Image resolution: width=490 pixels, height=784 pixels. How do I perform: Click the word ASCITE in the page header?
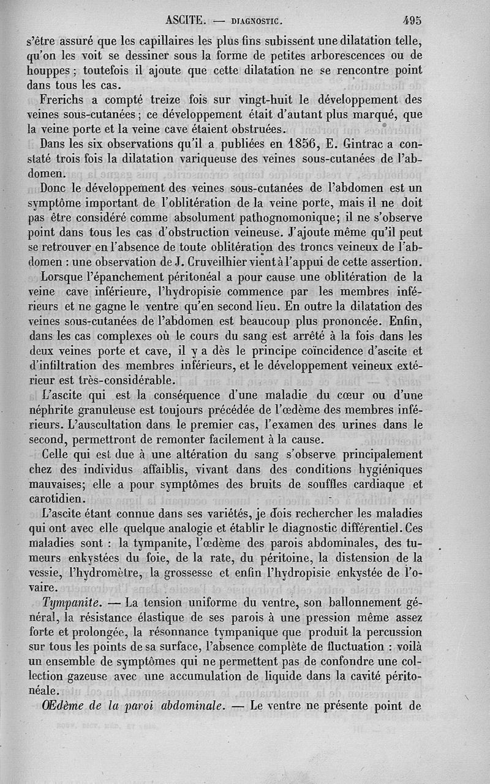coord(185,20)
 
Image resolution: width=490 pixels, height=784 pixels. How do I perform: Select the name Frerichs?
coord(64,100)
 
